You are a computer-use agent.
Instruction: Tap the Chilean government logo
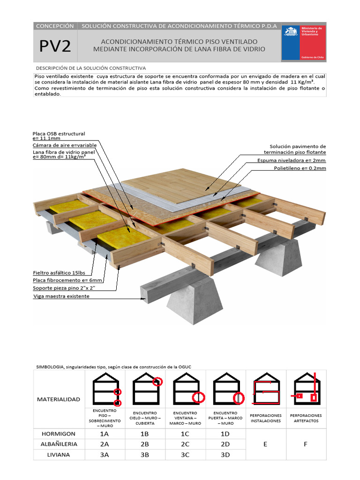click(x=303, y=42)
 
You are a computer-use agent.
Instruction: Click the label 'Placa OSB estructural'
click(x=59, y=134)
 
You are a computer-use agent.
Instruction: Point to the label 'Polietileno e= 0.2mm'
click(x=300, y=168)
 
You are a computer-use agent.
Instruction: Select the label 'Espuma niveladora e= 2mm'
click(x=292, y=160)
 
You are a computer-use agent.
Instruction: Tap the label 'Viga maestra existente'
click(x=61, y=296)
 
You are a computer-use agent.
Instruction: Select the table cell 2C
click(x=185, y=444)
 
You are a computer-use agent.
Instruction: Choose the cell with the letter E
click(x=265, y=444)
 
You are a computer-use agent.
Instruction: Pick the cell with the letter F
click(x=306, y=444)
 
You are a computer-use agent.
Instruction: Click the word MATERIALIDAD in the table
click(x=58, y=399)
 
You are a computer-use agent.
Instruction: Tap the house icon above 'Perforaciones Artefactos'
click(x=306, y=388)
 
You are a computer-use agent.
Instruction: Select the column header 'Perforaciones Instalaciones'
click(x=266, y=418)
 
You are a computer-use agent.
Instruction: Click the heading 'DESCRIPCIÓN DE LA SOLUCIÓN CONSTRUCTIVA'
click(x=91, y=68)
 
